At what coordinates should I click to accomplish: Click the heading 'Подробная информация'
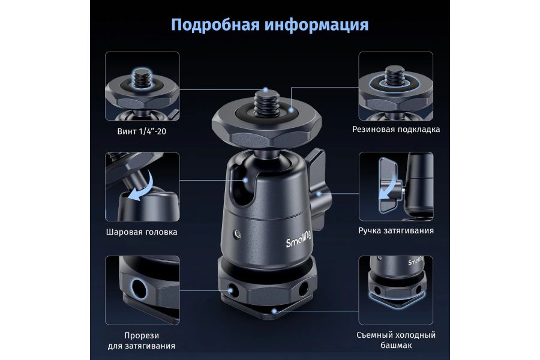click(x=269, y=25)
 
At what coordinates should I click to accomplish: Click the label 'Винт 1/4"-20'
click(x=142, y=130)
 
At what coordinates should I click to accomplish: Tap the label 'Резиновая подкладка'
click(x=396, y=129)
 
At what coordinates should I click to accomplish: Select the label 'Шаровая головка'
click(x=142, y=232)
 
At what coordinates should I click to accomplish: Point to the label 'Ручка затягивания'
click(x=396, y=230)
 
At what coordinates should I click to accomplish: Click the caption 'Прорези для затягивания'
click(x=142, y=340)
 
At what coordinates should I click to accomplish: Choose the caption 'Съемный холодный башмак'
click(x=396, y=340)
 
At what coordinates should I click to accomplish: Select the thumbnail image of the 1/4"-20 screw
click(x=142, y=86)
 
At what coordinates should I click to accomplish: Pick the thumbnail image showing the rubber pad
click(x=396, y=86)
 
